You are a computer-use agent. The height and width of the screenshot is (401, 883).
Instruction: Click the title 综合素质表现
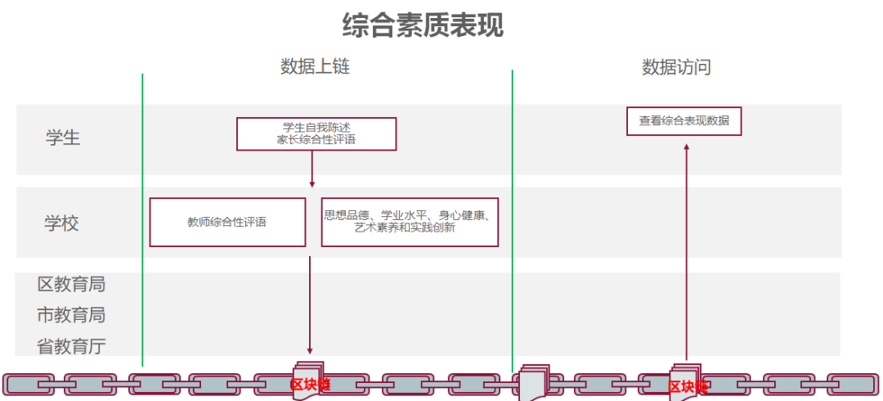tap(423, 25)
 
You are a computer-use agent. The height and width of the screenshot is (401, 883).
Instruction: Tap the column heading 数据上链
tap(315, 67)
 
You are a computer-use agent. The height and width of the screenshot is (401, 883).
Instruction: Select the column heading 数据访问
tap(676, 67)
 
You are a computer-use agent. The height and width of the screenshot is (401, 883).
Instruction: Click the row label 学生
tap(63, 137)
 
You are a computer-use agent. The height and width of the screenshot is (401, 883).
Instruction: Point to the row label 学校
tap(62, 223)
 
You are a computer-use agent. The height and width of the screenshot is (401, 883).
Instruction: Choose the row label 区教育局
tap(71, 285)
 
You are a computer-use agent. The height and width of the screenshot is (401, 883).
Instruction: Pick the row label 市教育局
tap(71, 315)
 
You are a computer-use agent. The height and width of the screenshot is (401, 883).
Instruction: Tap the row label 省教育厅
tap(71, 346)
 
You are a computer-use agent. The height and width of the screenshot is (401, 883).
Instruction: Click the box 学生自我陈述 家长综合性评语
tap(316, 133)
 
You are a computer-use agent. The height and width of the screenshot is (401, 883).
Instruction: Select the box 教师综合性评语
tap(227, 222)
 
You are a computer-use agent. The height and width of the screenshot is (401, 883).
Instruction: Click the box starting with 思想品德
tap(409, 222)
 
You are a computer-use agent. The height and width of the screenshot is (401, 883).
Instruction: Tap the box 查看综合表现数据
tap(684, 120)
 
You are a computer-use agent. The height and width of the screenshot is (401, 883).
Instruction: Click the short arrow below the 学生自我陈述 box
tap(312, 169)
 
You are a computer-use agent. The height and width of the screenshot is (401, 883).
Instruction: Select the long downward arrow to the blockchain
tap(310, 303)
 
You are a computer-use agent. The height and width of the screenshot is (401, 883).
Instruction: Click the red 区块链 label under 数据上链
tap(310, 385)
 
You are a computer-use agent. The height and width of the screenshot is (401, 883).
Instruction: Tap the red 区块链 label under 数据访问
tap(687, 387)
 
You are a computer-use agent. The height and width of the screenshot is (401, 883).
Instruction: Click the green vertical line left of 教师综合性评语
tap(142, 221)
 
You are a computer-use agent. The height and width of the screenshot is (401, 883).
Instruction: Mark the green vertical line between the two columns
tap(513, 221)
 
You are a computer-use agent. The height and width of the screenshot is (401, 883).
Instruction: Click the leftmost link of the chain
tap(29, 384)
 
